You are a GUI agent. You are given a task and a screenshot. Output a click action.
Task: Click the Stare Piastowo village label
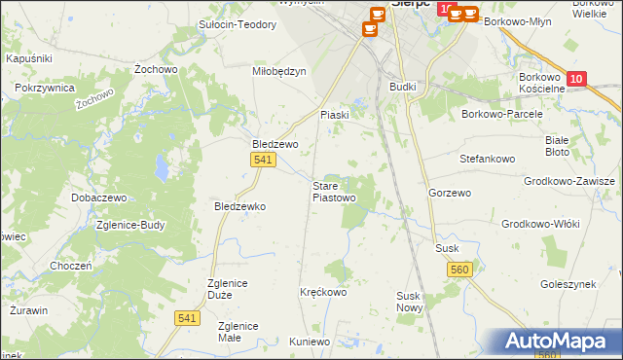(x=333, y=191)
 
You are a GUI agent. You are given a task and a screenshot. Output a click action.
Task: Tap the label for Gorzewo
(x=450, y=193)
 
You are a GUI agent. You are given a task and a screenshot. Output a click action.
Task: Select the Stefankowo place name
(x=487, y=157)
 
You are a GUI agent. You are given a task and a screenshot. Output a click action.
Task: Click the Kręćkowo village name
(x=323, y=291)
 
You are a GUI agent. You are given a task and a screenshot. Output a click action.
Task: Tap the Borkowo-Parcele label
(x=502, y=114)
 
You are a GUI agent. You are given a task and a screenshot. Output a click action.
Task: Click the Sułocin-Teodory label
(x=238, y=24)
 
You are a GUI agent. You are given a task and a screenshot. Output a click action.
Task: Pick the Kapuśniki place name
(x=28, y=58)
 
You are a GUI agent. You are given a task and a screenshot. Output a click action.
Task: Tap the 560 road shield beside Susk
(x=461, y=269)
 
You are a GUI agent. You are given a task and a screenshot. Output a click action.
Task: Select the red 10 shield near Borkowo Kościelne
(x=577, y=78)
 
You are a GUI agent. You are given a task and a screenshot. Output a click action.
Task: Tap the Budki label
(x=402, y=87)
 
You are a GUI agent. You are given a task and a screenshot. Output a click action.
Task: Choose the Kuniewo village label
(x=310, y=342)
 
